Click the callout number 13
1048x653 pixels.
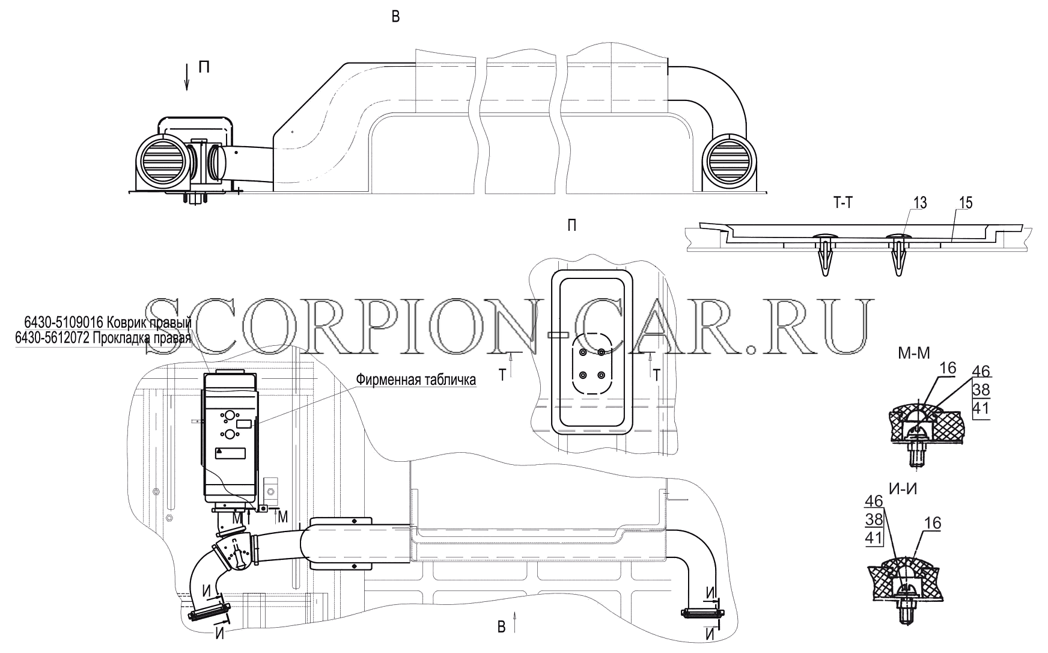pyautogui.click(x=919, y=203)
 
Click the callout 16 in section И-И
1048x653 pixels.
pyautogui.click(x=933, y=523)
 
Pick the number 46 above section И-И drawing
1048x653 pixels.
pyautogui.click(x=874, y=501)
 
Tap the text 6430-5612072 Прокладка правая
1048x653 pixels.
pyautogui.click(x=103, y=339)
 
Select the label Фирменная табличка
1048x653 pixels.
pyautogui.click(x=416, y=379)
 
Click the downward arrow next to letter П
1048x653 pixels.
pyautogui.click(x=187, y=76)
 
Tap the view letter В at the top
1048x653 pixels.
pyautogui.click(x=395, y=17)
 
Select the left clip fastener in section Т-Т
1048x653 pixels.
pyautogui.click(x=823, y=253)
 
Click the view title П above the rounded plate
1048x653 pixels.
pyautogui.click(x=571, y=225)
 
